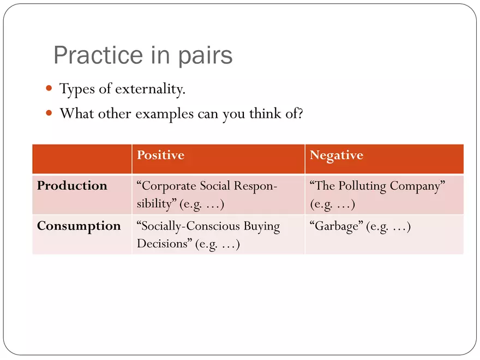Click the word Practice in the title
98,55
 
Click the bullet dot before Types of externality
49,88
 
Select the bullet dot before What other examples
49,113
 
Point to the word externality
151,89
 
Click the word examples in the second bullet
164,114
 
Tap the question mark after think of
300,113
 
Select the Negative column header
337,155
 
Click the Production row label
72,185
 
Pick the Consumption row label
79,226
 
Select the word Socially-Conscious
188,226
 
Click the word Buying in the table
262,227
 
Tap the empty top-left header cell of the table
82,159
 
